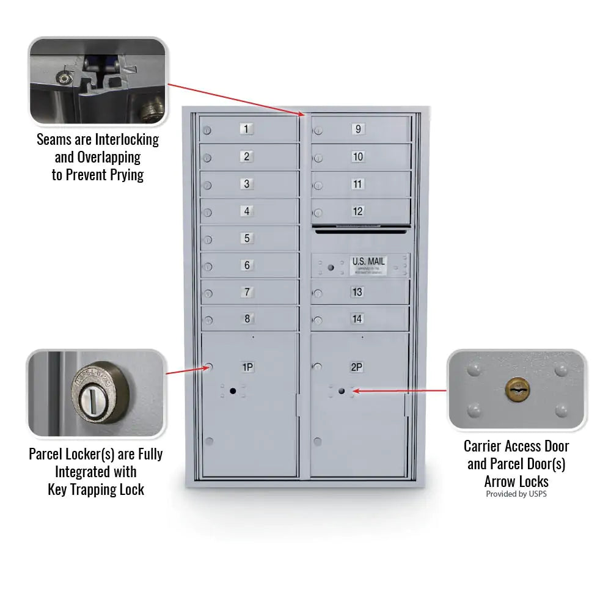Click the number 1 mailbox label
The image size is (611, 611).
(246, 129)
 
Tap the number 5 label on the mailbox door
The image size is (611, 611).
(247, 238)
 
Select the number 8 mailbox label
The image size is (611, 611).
(247, 318)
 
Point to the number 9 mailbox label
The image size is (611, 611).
(357, 129)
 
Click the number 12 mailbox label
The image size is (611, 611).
(357, 211)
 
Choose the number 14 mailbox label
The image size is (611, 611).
(357, 319)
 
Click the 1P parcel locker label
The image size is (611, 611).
(247, 367)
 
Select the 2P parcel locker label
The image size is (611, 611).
(357, 367)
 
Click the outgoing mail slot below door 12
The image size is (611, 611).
(360, 230)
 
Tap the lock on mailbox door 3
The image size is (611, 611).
(207, 185)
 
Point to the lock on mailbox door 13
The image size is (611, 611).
(318, 293)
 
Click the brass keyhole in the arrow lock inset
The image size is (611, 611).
(517, 389)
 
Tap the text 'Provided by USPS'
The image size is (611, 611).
(516, 494)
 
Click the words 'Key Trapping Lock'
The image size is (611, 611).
(96, 489)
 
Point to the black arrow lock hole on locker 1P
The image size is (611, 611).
(232, 390)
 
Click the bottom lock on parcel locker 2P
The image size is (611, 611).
(318, 441)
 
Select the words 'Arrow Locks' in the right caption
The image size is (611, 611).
(516, 481)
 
